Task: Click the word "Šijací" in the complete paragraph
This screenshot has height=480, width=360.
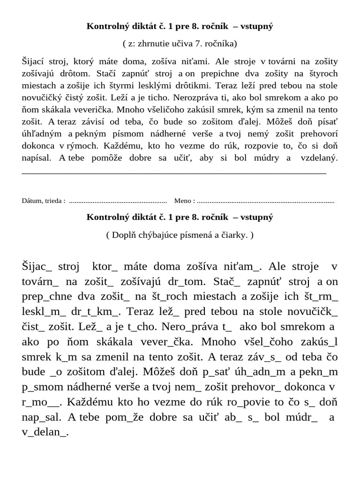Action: pyautogui.click(x=34, y=61)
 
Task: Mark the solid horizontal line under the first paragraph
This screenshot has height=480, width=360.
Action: pyautogui.click(x=174, y=173)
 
